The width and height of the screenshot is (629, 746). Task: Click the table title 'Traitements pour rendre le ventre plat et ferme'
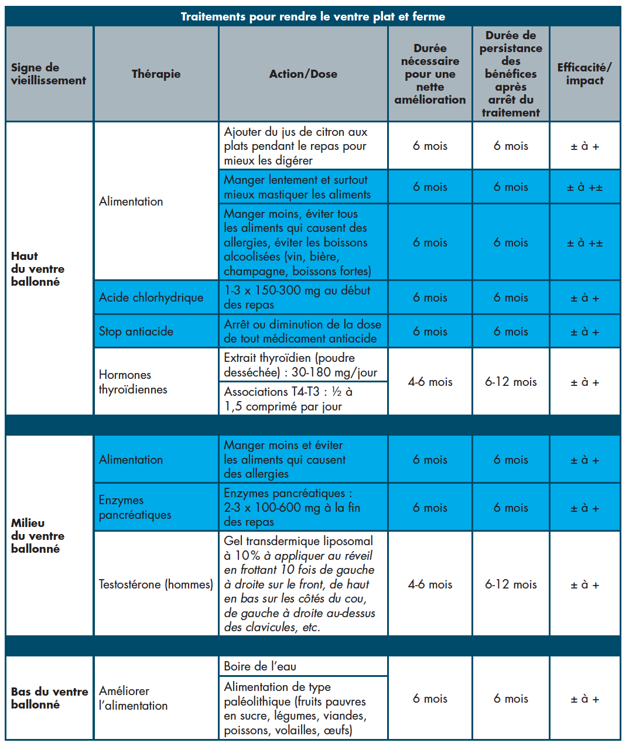click(313, 16)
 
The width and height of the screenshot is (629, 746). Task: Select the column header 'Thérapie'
click(156, 74)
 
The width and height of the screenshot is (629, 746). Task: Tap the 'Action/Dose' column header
click(303, 74)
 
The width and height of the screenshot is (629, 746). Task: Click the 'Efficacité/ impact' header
click(584, 74)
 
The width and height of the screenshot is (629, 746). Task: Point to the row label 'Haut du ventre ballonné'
click(38, 269)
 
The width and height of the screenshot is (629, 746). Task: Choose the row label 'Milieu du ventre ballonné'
click(38, 536)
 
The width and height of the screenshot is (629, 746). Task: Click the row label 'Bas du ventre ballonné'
click(49, 698)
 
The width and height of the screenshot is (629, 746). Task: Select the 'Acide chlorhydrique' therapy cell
click(151, 297)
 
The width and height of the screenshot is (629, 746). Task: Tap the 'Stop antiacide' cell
click(136, 331)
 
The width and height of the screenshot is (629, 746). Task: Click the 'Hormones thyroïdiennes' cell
click(133, 382)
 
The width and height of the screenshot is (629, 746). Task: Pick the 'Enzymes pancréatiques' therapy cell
click(135, 507)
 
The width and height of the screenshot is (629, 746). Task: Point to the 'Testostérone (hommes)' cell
click(156, 584)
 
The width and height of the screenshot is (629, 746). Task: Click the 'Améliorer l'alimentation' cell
click(133, 698)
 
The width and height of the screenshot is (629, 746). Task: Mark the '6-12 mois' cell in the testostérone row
click(511, 584)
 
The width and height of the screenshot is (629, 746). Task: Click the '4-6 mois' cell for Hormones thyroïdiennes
click(430, 382)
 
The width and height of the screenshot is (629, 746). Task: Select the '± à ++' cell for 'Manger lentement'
click(584, 187)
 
